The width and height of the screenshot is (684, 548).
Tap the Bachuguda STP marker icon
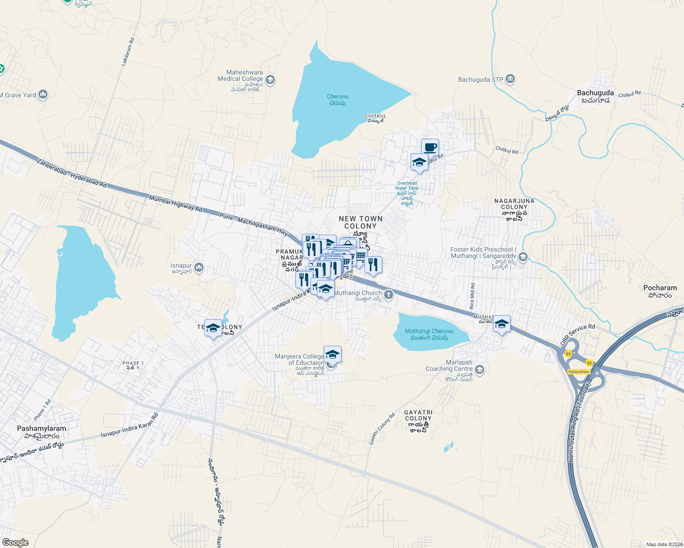pos(511,79)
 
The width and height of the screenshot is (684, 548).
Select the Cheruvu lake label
pos(337,97)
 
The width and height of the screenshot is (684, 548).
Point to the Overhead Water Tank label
pos(406,186)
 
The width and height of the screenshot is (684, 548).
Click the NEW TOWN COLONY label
pos(360,222)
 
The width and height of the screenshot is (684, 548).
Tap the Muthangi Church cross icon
pos(389,295)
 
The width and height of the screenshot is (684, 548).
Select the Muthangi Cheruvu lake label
pos(429,332)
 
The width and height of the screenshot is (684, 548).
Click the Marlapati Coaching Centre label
pos(449,365)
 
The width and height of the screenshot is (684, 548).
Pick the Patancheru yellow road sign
pos(578,372)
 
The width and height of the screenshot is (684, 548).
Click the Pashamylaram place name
pos(42,428)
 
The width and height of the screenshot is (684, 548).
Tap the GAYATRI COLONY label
pos(418,415)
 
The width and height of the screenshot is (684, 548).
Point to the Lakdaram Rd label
pos(128,52)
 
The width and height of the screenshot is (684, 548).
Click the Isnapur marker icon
pos(198,268)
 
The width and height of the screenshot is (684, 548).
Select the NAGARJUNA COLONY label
pos(514,204)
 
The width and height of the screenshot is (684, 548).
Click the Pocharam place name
pos(660,288)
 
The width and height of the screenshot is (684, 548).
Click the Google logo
pos(15,543)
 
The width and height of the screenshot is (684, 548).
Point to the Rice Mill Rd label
pos(472,295)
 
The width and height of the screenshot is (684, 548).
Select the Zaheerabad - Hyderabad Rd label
pos(72,173)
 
